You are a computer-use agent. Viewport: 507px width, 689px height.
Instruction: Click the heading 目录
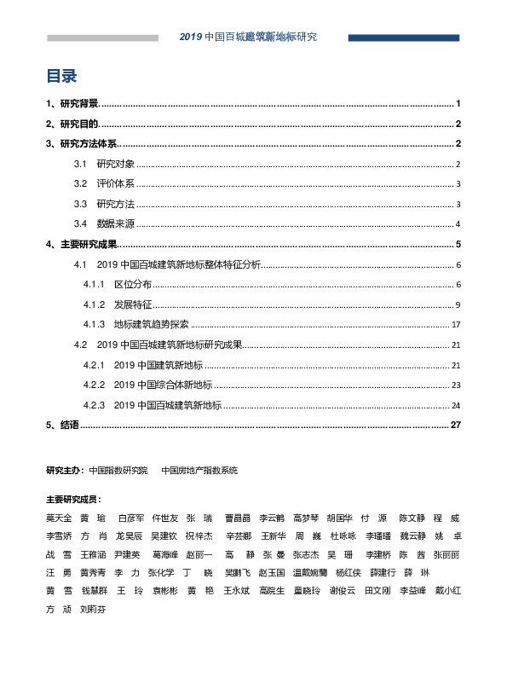[x=62, y=77]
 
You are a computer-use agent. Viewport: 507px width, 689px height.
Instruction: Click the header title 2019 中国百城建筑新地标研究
[x=248, y=38]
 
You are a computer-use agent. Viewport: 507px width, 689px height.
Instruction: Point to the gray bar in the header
[x=102, y=38]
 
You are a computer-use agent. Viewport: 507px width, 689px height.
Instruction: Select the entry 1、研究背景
[x=72, y=103]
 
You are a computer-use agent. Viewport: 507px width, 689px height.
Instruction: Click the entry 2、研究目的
[x=72, y=124]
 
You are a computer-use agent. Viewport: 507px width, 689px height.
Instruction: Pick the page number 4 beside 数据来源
[x=458, y=224]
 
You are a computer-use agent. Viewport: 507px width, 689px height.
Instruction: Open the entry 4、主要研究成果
[x=82, y=245]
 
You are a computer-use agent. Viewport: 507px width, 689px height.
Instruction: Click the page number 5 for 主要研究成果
[x=458, y=245]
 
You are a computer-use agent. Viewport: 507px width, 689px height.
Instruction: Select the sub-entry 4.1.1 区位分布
[x=118, y=284]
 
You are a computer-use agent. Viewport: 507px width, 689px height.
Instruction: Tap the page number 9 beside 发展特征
[x=458, y=304]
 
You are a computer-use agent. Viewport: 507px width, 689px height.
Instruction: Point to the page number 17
[x=456, y=325]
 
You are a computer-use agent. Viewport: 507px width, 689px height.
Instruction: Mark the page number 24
[x=456, y=405]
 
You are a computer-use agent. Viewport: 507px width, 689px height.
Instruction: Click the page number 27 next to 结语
[x=455, y=425]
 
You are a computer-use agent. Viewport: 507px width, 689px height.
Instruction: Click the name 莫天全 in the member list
[x=59, y=518]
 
